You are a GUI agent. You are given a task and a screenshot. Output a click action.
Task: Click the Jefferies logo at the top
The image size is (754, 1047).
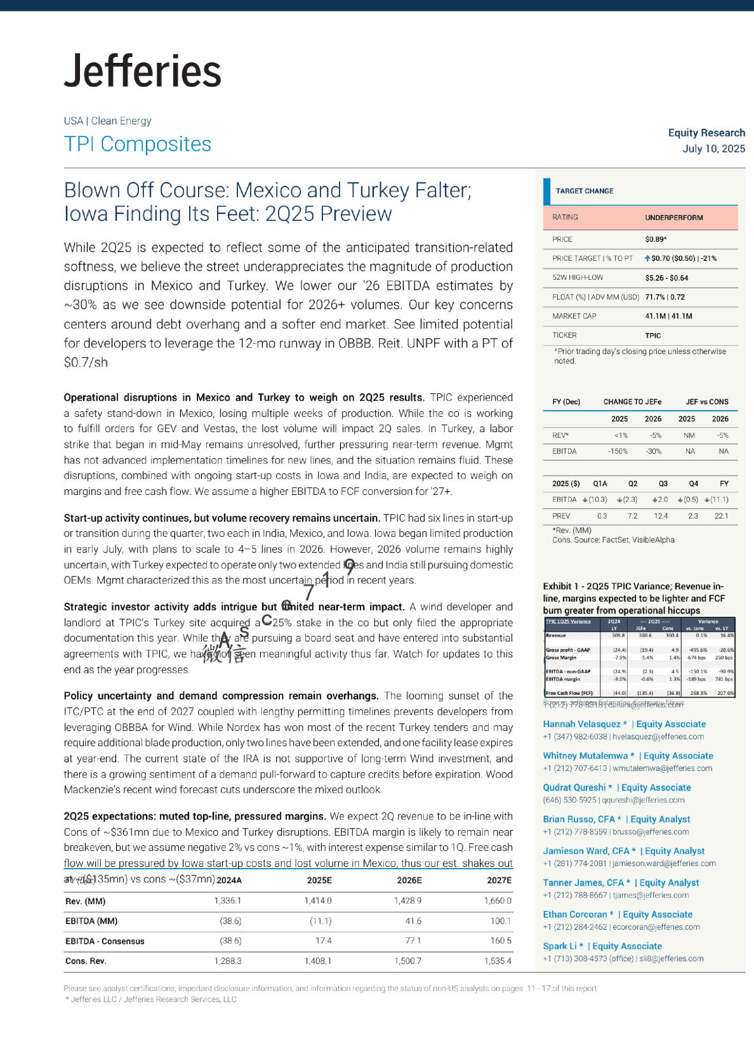click(143, 71)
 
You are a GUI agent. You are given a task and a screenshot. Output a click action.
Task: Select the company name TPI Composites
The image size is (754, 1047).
click(138, 144)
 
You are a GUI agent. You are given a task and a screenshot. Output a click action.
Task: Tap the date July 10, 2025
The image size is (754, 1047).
click(713, 148)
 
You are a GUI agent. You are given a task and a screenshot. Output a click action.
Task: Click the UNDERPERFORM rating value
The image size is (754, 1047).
click(673, 218)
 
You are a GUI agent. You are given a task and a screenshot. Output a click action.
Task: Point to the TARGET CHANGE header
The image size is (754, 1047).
click(585, 191)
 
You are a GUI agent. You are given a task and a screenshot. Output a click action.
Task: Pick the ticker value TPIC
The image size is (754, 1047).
click(652, 336)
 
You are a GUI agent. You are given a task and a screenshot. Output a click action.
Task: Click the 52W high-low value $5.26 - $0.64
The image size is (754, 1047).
click(666, 278)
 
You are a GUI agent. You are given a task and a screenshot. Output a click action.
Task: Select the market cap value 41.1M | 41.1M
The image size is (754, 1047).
click(668, 316)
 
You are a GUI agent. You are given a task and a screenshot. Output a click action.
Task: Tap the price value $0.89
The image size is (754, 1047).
click(655, 239)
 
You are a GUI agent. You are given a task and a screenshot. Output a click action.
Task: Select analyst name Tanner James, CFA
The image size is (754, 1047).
click(586, 883)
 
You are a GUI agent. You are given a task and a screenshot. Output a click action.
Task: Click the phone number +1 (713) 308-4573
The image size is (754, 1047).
click(579, 959)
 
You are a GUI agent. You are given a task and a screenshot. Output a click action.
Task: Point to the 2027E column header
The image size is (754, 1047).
click(499, 880)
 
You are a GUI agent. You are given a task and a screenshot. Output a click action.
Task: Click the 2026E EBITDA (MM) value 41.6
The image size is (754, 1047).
click(413, 921)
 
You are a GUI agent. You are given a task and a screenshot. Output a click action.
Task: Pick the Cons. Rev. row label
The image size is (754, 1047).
click(86, 961)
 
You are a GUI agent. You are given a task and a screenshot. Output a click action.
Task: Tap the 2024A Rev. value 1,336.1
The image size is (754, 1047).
click(228, 901)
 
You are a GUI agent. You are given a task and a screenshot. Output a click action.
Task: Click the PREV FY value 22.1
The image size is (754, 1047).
click(721, 516)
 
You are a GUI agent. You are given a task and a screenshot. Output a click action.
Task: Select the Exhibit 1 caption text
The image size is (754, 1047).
click(633, 598)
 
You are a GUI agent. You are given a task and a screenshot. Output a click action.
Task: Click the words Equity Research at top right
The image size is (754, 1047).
click(706, 133)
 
